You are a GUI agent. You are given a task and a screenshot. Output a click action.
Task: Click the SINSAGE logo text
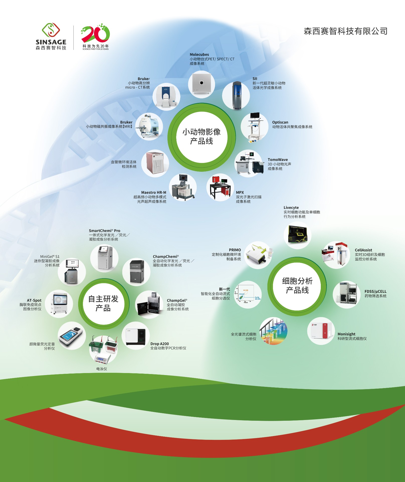[51, 42]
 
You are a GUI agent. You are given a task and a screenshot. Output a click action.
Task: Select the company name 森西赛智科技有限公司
[346, 31]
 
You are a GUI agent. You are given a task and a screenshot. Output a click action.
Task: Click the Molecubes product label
[199, 54]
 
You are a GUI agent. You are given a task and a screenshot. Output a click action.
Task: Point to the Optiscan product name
[280, 122]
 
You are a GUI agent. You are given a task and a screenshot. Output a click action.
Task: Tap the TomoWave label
[278, 160]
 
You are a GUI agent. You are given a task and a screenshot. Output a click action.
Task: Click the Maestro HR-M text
[154, 193]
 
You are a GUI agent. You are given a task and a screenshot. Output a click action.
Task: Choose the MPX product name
[240, 193]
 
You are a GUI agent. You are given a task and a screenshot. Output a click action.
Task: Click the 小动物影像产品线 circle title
[201, 137]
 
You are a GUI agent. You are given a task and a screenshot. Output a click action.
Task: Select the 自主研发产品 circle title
[103, 303]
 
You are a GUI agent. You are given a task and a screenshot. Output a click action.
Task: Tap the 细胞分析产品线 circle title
[297, 285]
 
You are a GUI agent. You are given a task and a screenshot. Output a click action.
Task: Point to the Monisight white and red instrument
[321, 331]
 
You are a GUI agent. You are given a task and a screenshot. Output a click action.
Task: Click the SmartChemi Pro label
[105, 231]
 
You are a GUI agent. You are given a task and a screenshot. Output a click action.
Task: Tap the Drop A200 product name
[160, 344]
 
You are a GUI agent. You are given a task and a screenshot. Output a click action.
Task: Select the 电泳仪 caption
[102, 369]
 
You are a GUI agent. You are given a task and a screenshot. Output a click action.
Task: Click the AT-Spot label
[34, 300]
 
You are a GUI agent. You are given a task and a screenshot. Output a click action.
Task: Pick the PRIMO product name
[235, 250]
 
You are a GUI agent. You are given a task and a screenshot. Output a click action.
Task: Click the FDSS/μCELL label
[375, 291]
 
